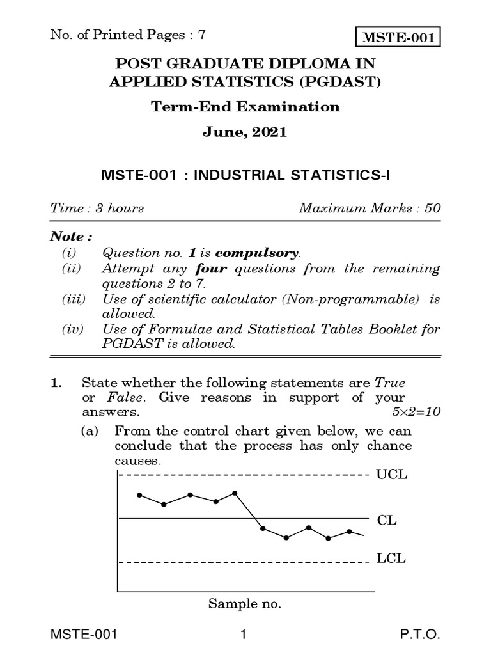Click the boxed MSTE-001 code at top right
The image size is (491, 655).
[x=399, y=38]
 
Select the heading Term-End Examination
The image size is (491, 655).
[x=245, y=107]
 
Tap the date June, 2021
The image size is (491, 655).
[x=245, y=133]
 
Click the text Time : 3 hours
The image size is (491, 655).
[x=97, y=208]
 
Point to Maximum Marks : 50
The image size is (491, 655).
[x=369, y=208]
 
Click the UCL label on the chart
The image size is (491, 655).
[x=392, y=475]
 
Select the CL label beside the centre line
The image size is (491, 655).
[x=387, y=520]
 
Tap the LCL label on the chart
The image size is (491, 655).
[x=391, y=558]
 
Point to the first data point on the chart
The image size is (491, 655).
[x=139, y=495]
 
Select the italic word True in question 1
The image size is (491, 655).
[x=389, y=383]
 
